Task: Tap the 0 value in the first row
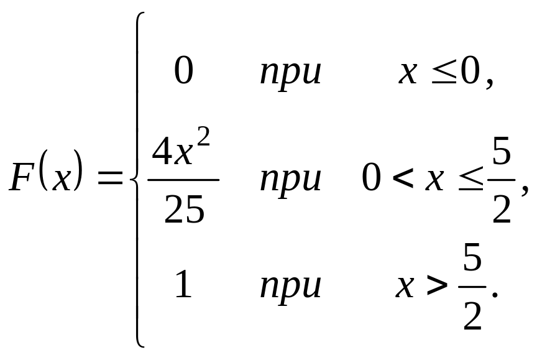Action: (x=183, y=72)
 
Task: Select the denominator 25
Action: (x=184, y=211)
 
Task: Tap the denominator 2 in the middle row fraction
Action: (x=502, y=210)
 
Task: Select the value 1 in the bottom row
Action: (x=183, y=286)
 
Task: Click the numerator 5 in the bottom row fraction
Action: (x=473, y=261)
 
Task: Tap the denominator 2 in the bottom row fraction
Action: (x=473, y=317)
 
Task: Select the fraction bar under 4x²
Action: (x=183, y=180)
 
